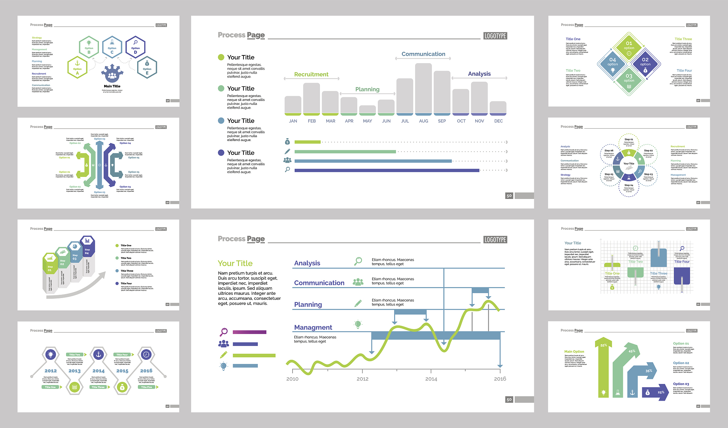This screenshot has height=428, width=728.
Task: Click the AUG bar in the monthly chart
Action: coord(423,89)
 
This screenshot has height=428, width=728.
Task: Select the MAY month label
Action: coord(368,121)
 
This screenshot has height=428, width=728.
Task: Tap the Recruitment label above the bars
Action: coord(311,74)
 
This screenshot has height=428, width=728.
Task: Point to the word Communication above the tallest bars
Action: coord(423,54)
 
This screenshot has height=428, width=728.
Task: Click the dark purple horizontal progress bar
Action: coord(387,170)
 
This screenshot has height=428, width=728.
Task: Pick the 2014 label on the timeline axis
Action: coord(431,379)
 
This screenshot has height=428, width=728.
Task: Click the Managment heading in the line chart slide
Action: coord(313,327)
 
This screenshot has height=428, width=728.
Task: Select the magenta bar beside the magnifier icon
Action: coord(249,332)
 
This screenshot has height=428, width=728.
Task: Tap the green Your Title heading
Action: coord(235,263)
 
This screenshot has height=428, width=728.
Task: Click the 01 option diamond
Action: coord(629,46)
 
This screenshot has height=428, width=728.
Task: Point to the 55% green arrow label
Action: coord(604,345)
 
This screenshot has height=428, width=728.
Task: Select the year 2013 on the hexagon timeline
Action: coord(75,371)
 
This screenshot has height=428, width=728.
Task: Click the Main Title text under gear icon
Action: coord(112,86)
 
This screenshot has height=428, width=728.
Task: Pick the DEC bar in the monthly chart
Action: coord(498,108)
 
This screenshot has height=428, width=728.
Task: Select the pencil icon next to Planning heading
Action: coord(358,303)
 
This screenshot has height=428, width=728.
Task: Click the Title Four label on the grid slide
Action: coord(682,262)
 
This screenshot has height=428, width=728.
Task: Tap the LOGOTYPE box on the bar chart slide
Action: coord(495,36)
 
